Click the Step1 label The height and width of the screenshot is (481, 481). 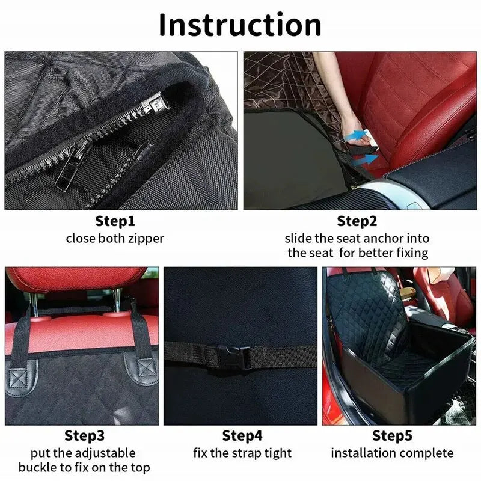point(115,221)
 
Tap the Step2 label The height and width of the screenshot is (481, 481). point(357,221)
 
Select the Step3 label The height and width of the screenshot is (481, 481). point(84,435)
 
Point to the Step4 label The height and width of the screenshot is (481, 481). point(242,435)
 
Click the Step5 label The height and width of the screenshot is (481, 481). point(392,435)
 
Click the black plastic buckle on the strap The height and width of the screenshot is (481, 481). point(230,356)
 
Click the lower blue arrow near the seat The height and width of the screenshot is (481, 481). point(366,160)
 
